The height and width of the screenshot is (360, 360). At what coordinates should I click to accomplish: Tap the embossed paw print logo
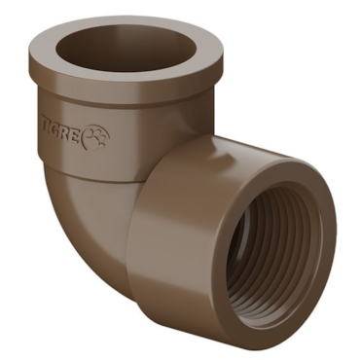point(96,138)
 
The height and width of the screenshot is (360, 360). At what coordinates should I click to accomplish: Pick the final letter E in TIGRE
point(75,135)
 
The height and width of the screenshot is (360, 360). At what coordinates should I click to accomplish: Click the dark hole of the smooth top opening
point(126,49)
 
